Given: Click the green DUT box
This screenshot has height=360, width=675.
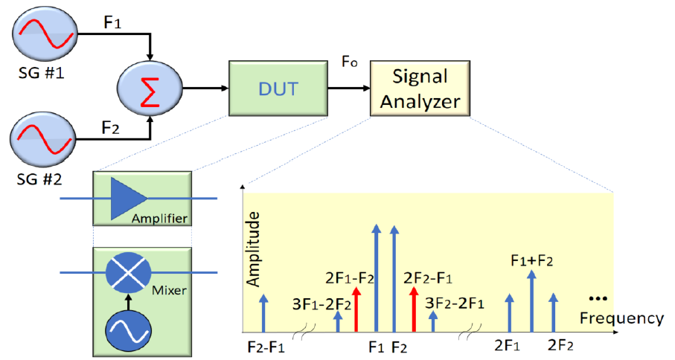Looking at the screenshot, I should pos(276,89).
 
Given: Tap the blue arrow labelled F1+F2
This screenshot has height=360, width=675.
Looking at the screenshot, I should pos(531,301).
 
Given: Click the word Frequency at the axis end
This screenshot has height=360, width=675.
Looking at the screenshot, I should pos(621,318).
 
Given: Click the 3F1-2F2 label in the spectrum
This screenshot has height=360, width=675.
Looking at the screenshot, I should pos(321,303).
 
